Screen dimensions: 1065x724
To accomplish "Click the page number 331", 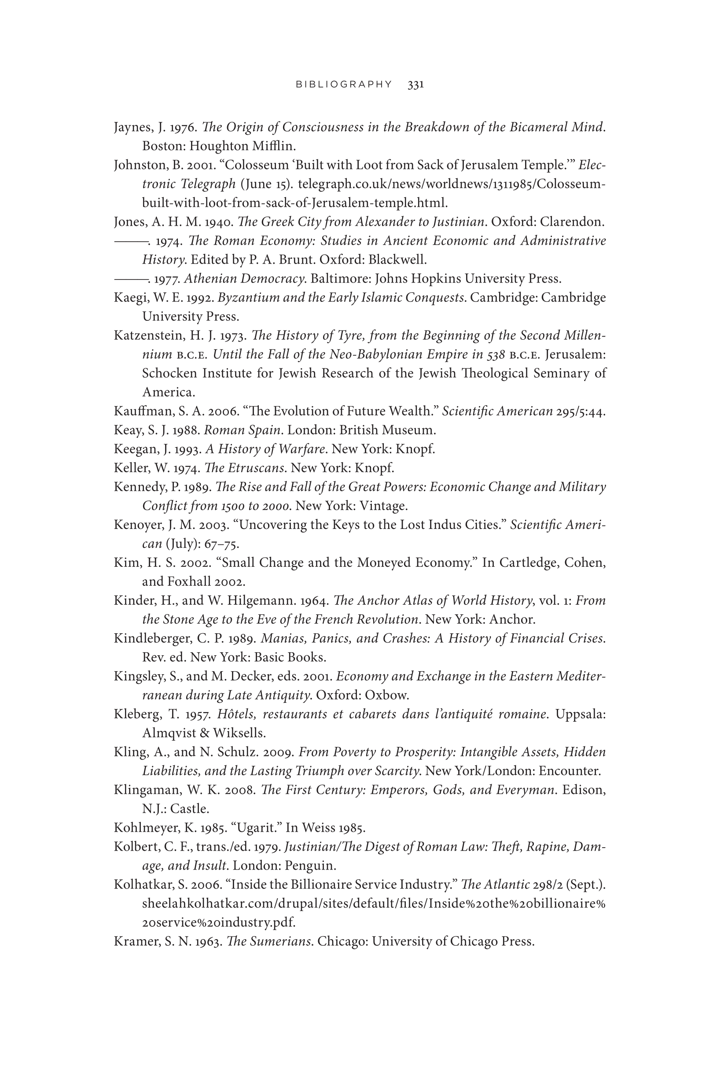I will [x=415, y=84].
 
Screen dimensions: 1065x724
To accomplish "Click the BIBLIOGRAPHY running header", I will [x=344, y=84].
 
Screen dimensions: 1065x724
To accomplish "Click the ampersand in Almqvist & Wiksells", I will [x=205, y=733].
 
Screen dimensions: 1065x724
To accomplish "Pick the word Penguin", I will [x=310, y=866].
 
